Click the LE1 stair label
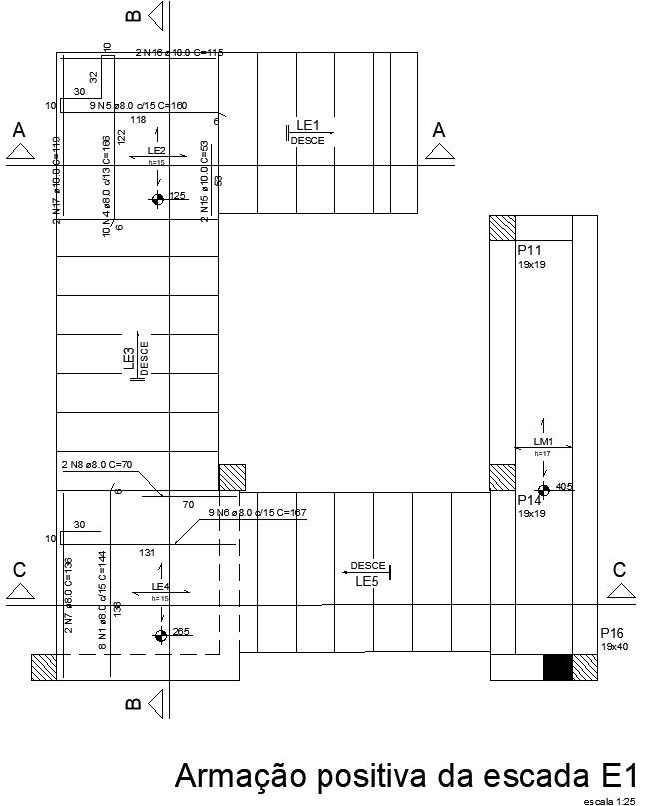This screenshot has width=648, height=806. pyautogui.click(x=307, y=126)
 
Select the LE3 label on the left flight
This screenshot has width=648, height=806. pyautogui.click(x=129, y=359)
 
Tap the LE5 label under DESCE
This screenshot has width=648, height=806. pyautogui.click(x=367, y=581)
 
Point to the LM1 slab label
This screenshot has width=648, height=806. pyautogui.click(x=543, y=441)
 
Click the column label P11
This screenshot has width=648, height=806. pyautogui.click(x=529, y=250)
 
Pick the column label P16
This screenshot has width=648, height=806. pyautogui.click(x=612, y=633)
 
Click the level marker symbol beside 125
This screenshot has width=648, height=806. pyautogui.click(x=157, y=199)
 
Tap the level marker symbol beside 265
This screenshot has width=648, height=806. pyautogui.click(x=161, y=635)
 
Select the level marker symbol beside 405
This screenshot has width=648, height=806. pyautogui.click(x=543, y=490)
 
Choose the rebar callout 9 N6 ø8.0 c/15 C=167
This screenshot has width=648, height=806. pyautogui.click(x=257, y=513)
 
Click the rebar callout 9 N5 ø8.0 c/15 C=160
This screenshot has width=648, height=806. pyautogui.click(x=138, y=105)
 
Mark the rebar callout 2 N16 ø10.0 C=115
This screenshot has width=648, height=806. pyautogui.click(x=179, y=52)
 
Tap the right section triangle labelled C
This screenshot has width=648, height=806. pyautogui.click(x=620, y=591)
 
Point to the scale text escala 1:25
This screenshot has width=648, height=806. pyautogui.click(x=610, y=801)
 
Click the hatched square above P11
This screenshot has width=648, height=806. pyautogui.click(x=502, y=228)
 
